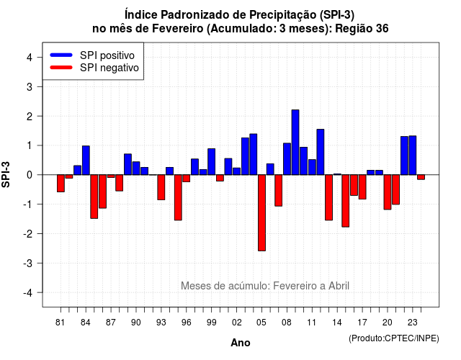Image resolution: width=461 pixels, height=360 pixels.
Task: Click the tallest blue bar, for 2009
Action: pyautogui.click(x=295, y=143)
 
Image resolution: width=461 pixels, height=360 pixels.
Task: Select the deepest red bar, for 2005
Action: pyautogui.click(x=261, y=213)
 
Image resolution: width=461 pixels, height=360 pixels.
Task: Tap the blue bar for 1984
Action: pyautogui.click(x=86, y=160)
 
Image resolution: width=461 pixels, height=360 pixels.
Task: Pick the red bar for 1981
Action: pyautogui.click(x=61, y=184)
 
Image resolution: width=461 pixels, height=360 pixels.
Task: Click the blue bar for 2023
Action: pyautogui.click(x=413, y=156)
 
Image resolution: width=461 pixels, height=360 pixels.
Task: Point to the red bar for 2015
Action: pyautogui.click(x=346, y=201)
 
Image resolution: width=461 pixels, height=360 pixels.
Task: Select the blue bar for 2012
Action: pyautogui.click(x=321, y=152)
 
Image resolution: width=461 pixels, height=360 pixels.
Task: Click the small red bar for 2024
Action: pyautogui.click(x=421, y=177)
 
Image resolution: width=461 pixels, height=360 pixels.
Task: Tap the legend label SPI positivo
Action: pyautogui.click(x=107, y=55)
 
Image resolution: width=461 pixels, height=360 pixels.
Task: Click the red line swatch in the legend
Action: pyautogui.click(x=61, y=67)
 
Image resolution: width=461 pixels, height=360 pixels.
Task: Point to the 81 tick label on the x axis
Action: pyautogui.click(x=60, y=323)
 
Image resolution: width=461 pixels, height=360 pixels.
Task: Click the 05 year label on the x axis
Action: pyautogui.click(x=261, y=323)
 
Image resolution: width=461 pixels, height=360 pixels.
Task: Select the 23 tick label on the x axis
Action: pyautogui.click(x=412, y=323)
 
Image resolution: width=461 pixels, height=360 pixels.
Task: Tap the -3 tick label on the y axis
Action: pyautogui.click(x=28, y=263)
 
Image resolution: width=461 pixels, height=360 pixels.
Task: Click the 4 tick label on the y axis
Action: pyautogui.click(x=30, y=58)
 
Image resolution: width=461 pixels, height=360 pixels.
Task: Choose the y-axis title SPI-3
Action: pyautogui.click(x=6, y=174)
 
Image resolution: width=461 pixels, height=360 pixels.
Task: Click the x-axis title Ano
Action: pyautogui.click(x=241, y=343)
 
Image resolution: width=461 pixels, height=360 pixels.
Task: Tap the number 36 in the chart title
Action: pyautogui.click(x=382, y=29)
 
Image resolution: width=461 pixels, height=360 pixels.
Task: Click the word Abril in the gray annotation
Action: pyautogui.click(x=339, y=286)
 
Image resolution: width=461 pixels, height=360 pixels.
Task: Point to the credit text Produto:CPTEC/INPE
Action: pyautogui.click(x=394, y=338)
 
